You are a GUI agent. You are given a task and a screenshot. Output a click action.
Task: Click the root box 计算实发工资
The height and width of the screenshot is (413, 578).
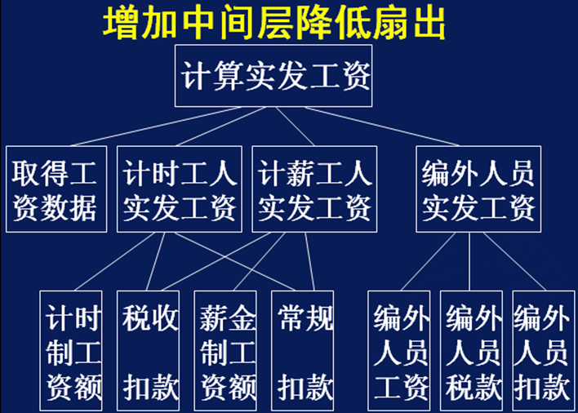(x=273, y=76)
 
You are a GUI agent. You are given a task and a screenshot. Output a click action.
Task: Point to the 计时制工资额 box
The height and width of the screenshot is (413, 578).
(x=73, y=350)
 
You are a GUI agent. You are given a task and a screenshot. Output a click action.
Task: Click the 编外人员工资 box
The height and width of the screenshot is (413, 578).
(x=400, y=350)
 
